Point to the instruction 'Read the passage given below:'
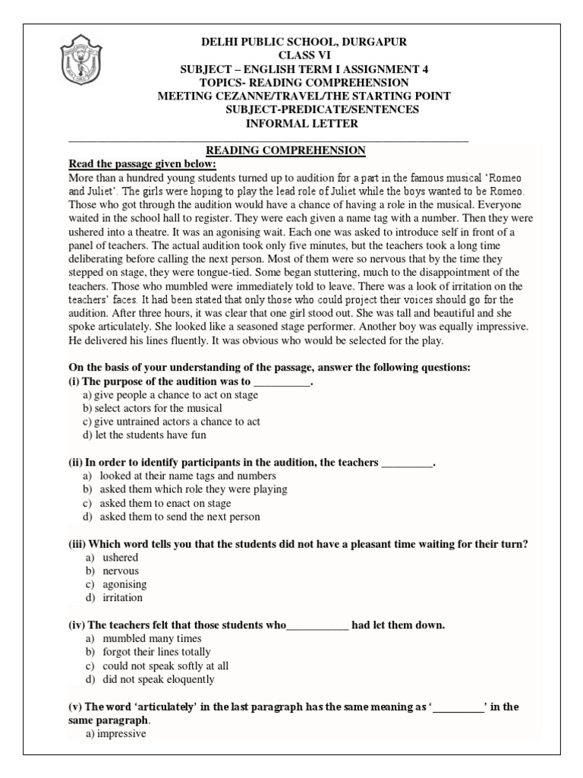coord(143,164)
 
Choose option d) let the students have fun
coord(144,435)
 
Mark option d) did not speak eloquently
coord(148,679)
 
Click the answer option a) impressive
coord(115,734)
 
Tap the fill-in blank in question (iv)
coord(318,625)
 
